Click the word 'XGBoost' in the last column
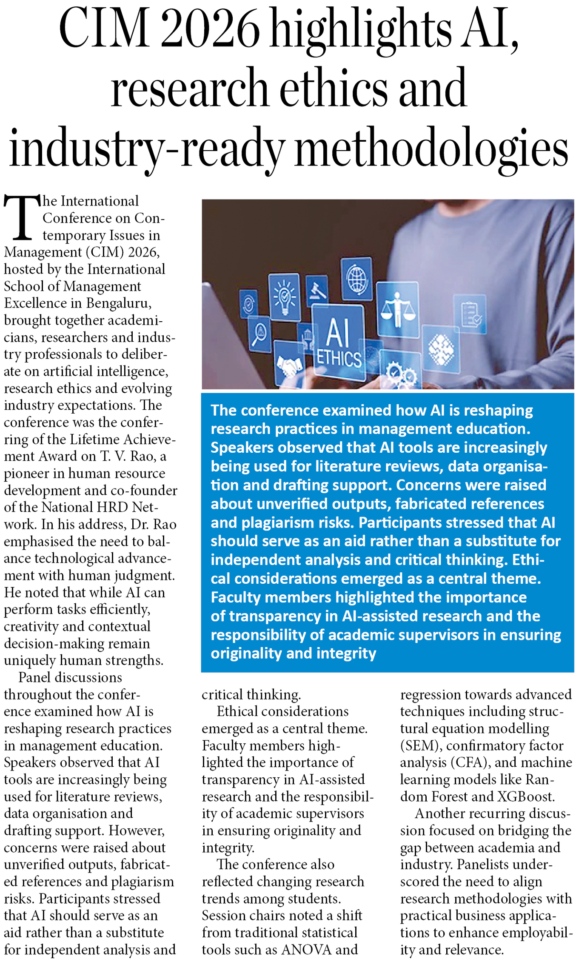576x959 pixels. coord(525,796)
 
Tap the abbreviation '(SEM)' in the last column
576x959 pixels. coord(419,745)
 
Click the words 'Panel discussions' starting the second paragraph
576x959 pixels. coord(70,677)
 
